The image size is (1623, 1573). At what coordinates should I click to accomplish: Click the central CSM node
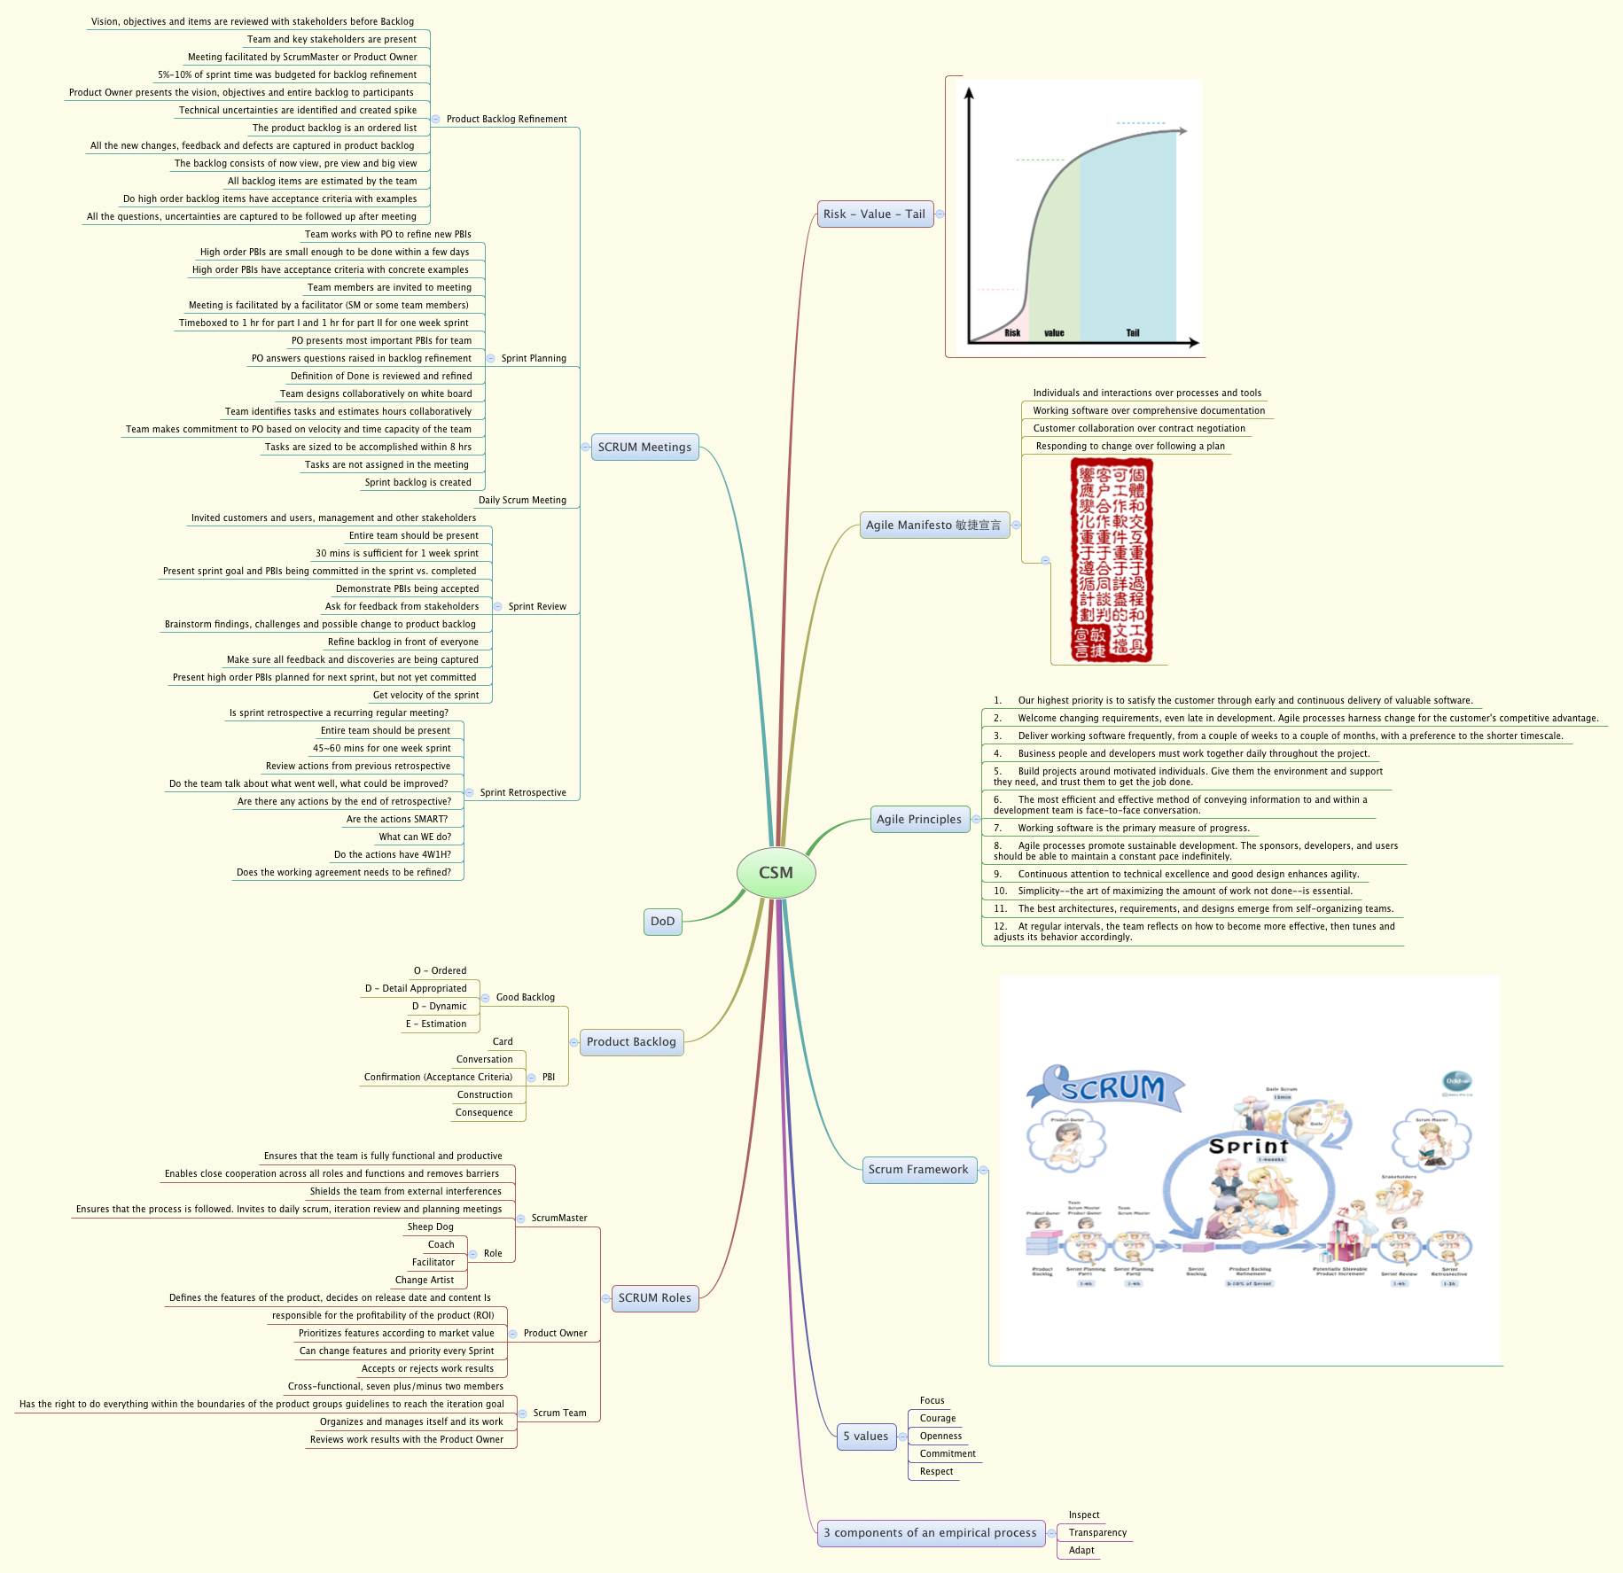(776, 872)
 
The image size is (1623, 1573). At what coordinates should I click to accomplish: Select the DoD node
(662, 922)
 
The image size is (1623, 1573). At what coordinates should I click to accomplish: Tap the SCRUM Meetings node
(644, 448)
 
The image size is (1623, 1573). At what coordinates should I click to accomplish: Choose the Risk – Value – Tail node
(874, 214)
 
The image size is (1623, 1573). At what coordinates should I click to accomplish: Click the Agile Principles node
(918, 820)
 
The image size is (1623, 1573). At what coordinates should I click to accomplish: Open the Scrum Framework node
(918, 1170)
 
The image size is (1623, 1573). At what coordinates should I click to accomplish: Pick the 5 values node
(865, 1437)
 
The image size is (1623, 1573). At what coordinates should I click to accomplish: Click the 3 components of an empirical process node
(930, 1533)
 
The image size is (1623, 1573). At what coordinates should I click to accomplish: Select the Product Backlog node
(631, 1042)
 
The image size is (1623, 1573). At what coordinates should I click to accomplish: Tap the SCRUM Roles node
(654, 1298)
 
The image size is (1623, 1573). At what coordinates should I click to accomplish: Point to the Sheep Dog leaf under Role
(431, 1227)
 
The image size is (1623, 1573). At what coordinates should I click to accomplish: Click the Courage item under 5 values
(938, 1419)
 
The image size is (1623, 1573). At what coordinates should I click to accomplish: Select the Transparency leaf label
(1097, 1533)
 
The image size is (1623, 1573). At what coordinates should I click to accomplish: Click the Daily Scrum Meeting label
(522, 501)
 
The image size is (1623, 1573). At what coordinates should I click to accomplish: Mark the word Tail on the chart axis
(1133, 333)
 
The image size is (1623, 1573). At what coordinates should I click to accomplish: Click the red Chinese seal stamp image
(1112, 560)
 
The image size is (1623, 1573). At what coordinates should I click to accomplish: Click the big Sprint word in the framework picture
(1248, 1147)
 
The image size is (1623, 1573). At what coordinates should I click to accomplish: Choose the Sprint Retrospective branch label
(523, 793)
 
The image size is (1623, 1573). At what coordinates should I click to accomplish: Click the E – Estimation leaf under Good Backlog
(436, 1024)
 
